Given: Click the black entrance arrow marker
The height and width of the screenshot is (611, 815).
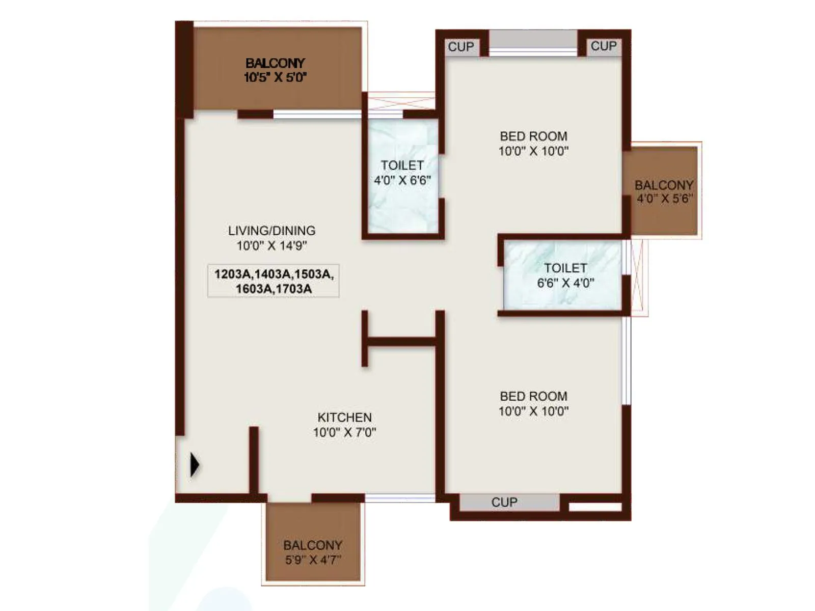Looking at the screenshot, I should coord(195,464).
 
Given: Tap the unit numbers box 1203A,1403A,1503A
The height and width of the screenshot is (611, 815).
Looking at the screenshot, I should coord(274,281).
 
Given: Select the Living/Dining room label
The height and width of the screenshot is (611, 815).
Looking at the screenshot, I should coord(271,231).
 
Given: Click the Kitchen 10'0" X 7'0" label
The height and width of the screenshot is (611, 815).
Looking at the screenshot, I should coord(344,425).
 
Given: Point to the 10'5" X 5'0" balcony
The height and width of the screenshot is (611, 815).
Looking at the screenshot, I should coord(275,70).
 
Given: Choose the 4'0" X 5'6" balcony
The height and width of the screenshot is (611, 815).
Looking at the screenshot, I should coord(663,191).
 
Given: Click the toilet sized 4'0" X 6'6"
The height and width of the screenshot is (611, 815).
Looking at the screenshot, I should coord(402,173).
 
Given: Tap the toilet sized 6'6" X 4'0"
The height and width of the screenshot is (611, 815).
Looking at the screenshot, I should coord(565,275).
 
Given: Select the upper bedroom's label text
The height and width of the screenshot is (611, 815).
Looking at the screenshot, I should coord(533,143).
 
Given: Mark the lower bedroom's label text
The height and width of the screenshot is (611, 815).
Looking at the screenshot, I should coord(533,403).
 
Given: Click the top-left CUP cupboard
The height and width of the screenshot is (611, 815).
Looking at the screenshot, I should coord(461,47).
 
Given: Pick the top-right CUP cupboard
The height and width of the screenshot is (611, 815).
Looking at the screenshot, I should coord(604,46).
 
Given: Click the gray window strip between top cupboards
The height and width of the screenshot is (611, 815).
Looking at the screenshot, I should coord(533,39).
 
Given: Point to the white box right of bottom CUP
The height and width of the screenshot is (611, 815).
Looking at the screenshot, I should coord(595,507).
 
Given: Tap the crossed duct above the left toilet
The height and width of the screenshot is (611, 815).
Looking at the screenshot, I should coord(401,101).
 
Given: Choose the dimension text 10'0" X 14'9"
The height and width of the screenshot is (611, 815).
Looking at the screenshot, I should coord(271,245).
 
